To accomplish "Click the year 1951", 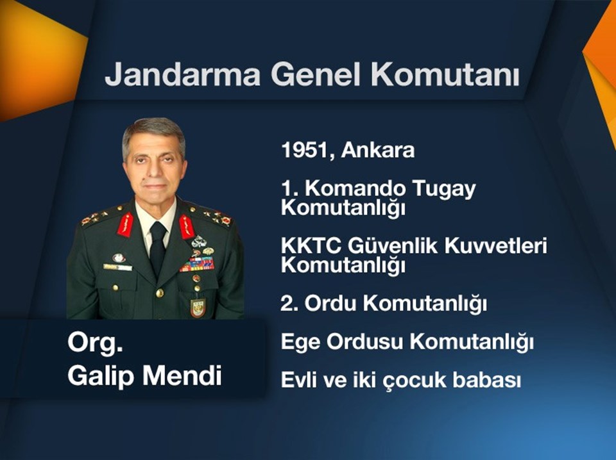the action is pos(304,150).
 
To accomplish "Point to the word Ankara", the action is pos(377,150).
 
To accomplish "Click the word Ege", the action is pos(300,342).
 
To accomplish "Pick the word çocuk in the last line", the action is pos(415,381).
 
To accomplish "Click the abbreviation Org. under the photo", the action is pos(96,343).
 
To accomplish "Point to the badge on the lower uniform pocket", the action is pos(198,308).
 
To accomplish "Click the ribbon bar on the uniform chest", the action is pos(197,265).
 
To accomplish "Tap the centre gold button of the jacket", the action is pos(160,292).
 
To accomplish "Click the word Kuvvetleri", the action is pos(496,246).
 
